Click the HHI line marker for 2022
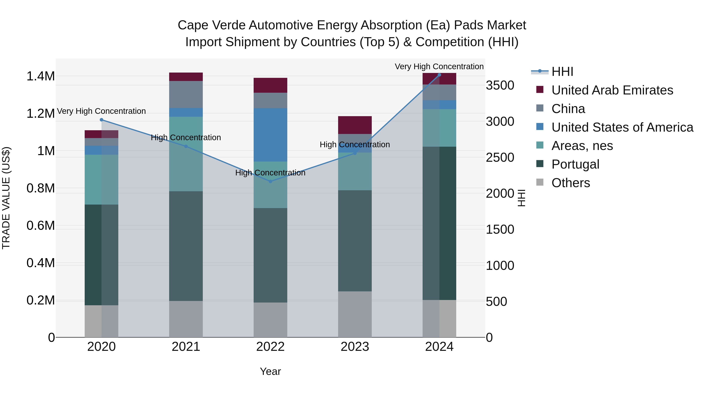270,181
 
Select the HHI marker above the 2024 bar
439,75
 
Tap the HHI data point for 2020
101,120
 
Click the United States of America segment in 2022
270,135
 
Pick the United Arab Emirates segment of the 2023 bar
355,125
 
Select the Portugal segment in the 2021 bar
186,246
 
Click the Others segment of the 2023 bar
355,314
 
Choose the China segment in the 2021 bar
186,94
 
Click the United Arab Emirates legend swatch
540,90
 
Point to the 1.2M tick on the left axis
40,114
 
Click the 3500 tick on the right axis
500,85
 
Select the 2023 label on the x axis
355,347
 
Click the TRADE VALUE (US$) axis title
6,198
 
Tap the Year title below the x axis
270,371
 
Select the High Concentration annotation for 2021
186,137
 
